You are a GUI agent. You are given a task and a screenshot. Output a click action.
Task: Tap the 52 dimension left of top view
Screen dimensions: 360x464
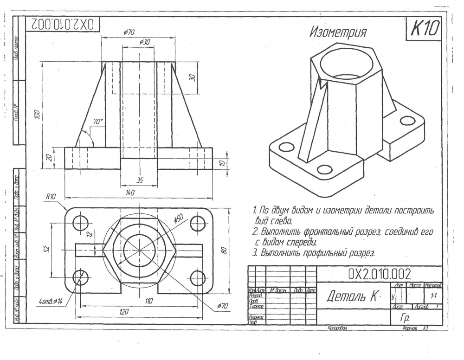tap(46, 249)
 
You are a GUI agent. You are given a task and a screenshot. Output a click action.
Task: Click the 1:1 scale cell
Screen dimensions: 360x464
tap(434, 295)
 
